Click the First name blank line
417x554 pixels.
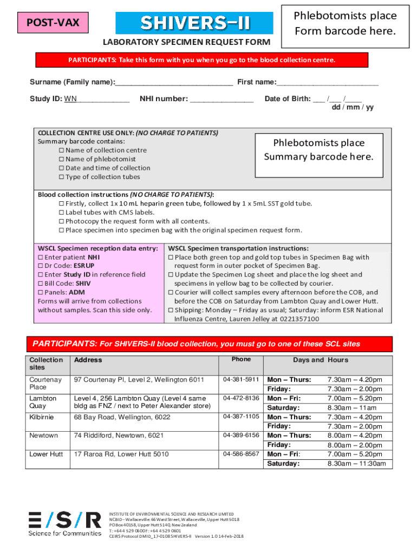327,82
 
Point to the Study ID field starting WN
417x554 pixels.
96,99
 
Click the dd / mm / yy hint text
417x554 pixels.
352,107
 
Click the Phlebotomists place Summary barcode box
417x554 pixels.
318,150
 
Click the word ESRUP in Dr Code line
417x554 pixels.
84,266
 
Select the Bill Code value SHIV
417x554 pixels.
83,283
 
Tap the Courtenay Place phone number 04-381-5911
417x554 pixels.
241,379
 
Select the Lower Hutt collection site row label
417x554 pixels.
46,454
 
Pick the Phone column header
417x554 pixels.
241,359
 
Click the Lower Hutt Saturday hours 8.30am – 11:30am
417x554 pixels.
356,464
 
